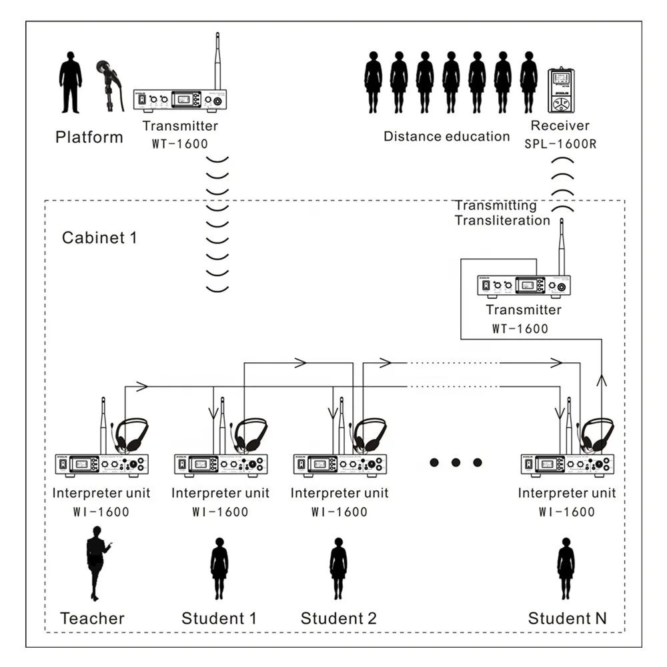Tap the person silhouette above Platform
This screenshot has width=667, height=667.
coord(71,83)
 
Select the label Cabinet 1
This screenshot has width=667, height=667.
coord(99,237)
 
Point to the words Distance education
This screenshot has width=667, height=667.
coord(446,137)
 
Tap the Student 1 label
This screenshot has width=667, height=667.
coord(219,618)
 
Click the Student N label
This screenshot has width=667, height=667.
coord(567,618)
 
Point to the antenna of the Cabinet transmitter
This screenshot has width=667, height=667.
coord(561,247)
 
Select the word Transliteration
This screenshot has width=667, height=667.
coord(502,221)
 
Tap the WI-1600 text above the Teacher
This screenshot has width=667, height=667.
coord(100,512)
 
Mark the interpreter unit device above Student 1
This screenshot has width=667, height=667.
coord(220,464)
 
